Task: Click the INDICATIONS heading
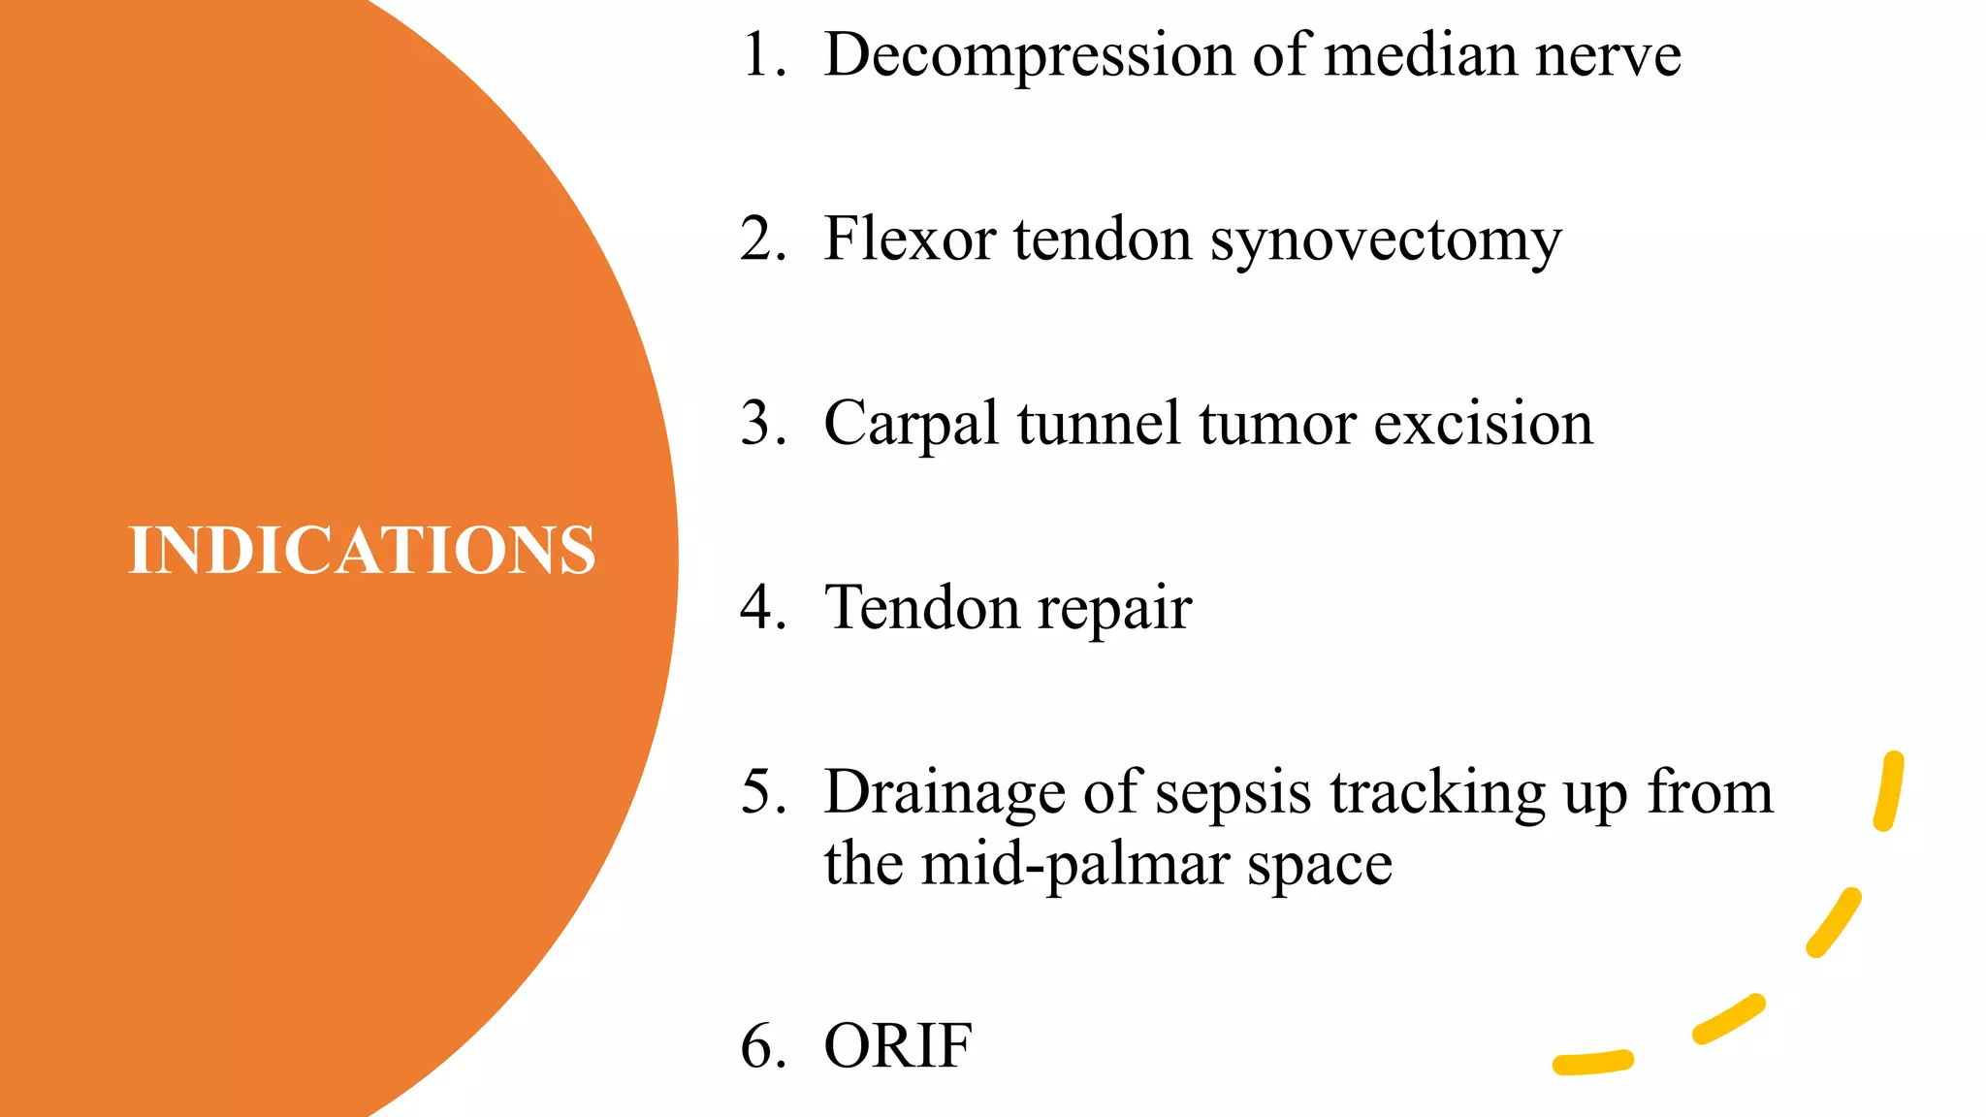(x=362, y=550)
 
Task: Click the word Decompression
(x=1028, y=55)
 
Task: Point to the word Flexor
(x=909, y=239)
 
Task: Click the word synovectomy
(x=1386, y=240)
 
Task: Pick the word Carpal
(x=911, y=424)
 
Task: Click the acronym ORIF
(x=898, y=1046)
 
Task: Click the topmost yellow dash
(x=1888, y=791)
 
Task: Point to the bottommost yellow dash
(x=1593, y=1064)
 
